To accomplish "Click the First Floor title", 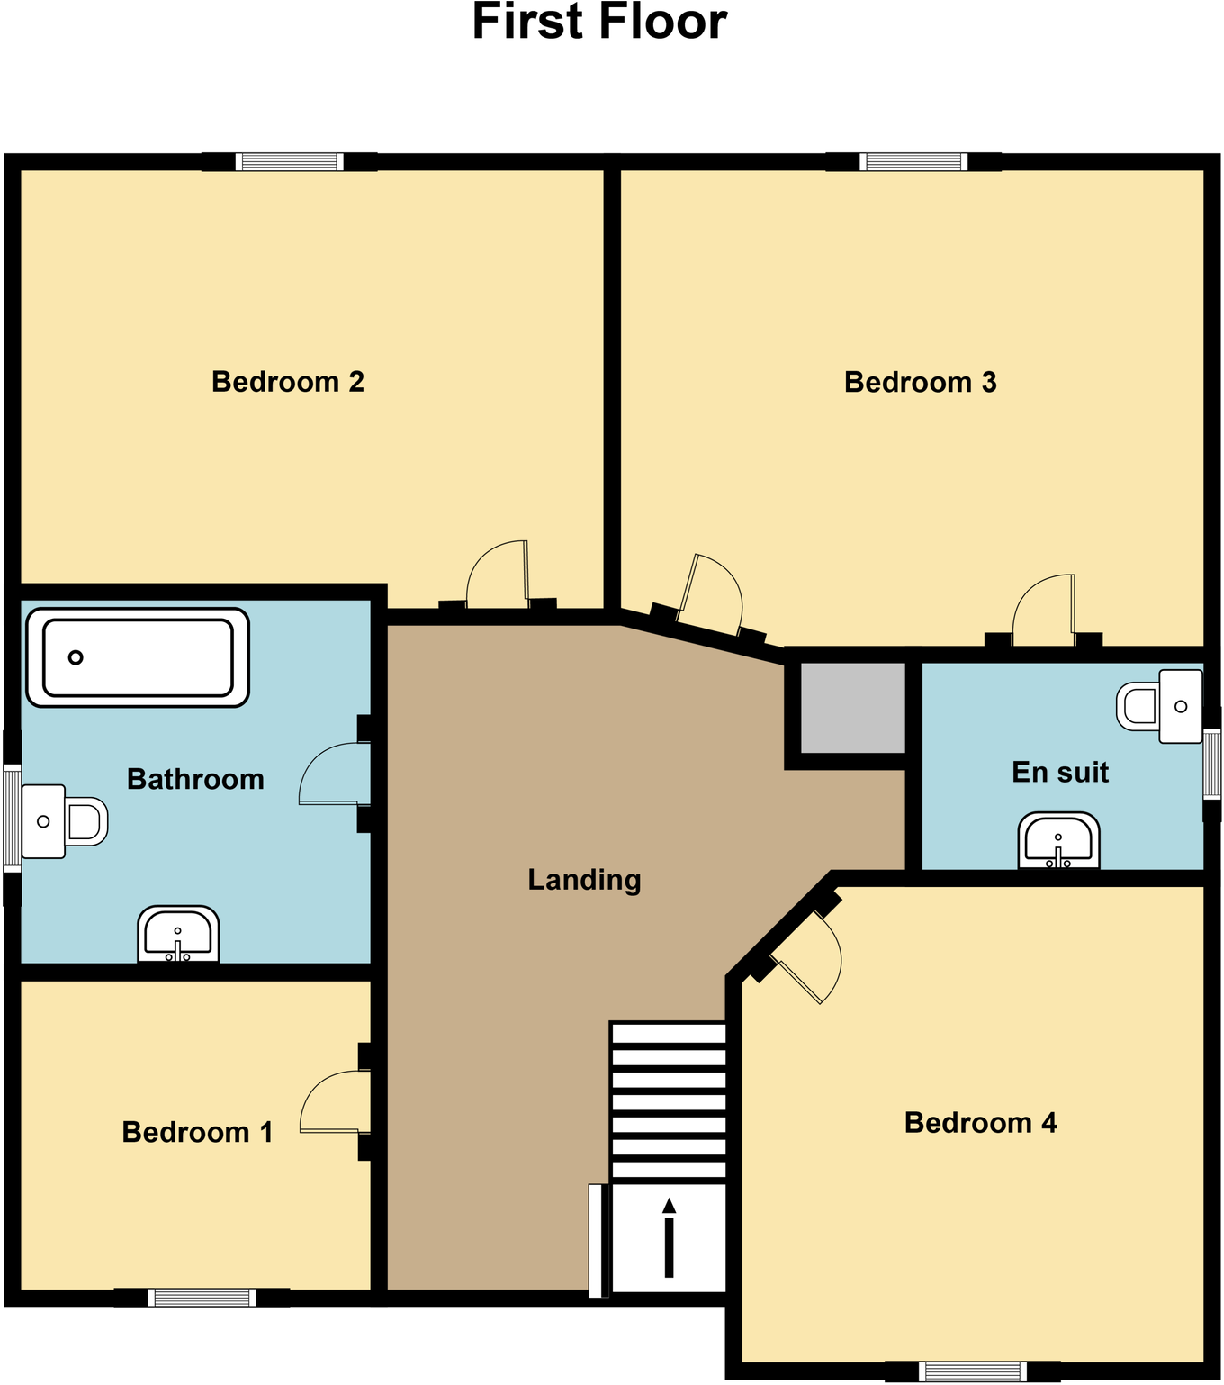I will [x=599, y=23].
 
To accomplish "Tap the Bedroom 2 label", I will [x=288, y=382].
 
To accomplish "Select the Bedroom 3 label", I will [x=920, y=383].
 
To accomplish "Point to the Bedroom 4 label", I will [x=980, y=1123].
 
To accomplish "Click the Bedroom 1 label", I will [x=197, y=1132].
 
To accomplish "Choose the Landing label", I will [x=584, y=880].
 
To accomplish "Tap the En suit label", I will [x=1059, y=773].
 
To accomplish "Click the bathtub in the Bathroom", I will [x=138, y=657].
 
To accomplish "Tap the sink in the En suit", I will [x=1058, y=841].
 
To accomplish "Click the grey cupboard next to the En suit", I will [x=852, y=708].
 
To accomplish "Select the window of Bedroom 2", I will [x=289, y=162].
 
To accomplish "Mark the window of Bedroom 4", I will [x=973, y=1371].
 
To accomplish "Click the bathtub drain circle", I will [x=76, y=657].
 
